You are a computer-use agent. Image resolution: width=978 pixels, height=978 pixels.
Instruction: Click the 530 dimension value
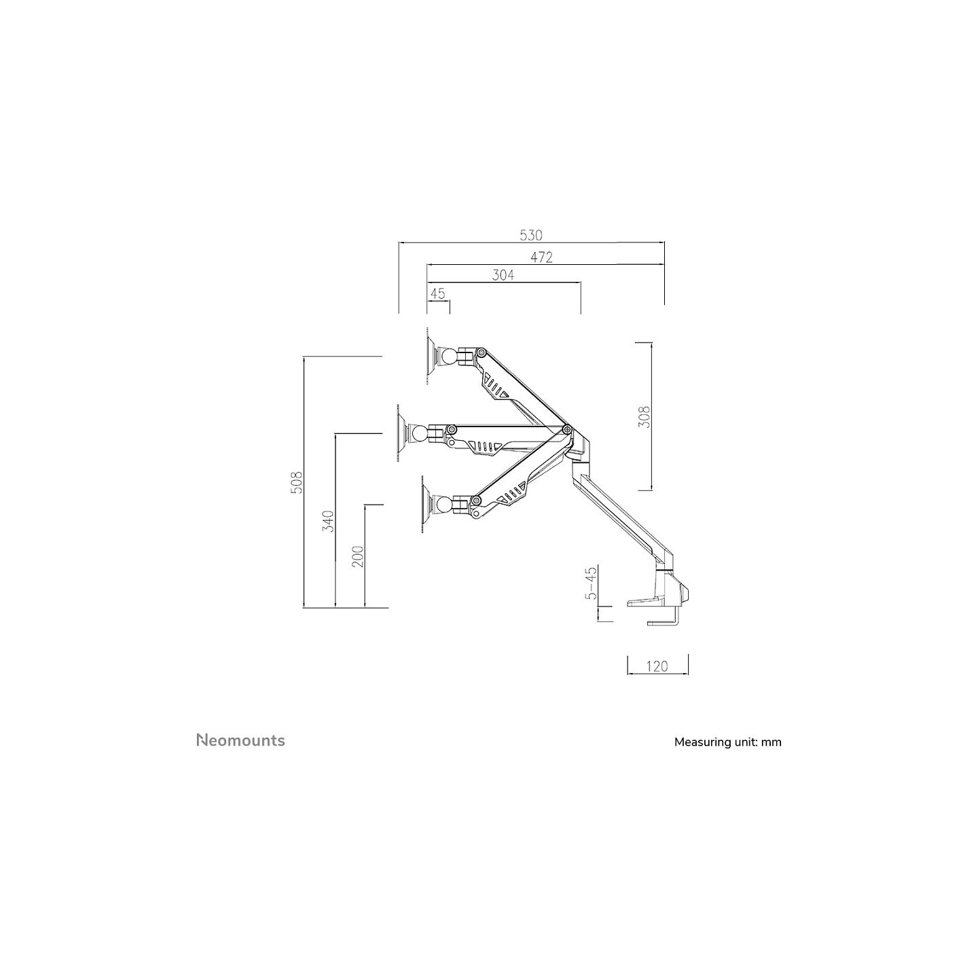click(531, 236)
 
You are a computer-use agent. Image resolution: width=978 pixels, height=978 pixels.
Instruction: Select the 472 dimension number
click(541, 257)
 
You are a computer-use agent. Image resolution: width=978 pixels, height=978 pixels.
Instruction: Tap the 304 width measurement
click(503, 275)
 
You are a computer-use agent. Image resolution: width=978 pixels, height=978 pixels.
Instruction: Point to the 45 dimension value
click(437, 293)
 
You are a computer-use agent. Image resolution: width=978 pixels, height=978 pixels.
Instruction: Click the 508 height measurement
click(297, 482)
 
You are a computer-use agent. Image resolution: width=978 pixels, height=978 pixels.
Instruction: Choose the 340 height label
click(329, 521)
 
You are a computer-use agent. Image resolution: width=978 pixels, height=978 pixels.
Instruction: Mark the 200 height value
click(358, 557)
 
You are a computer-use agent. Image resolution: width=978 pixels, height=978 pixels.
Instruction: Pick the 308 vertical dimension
click(644, 417)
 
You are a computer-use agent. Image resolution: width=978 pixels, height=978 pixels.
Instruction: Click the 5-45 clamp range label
click(592, 583)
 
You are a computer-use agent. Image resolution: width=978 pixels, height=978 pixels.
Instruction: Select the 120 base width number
click(657, 666)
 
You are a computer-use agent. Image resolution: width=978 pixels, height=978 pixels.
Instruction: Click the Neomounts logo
click(240, 740)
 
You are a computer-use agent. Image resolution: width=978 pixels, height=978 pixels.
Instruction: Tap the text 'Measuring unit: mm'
click(727, 742)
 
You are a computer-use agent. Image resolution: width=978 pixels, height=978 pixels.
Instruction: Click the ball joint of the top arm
click(449, 355)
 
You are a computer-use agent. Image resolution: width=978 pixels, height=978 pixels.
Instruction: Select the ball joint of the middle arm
click(420, 433)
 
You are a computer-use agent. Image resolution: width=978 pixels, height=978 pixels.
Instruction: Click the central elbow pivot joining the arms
click(566, 429)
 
